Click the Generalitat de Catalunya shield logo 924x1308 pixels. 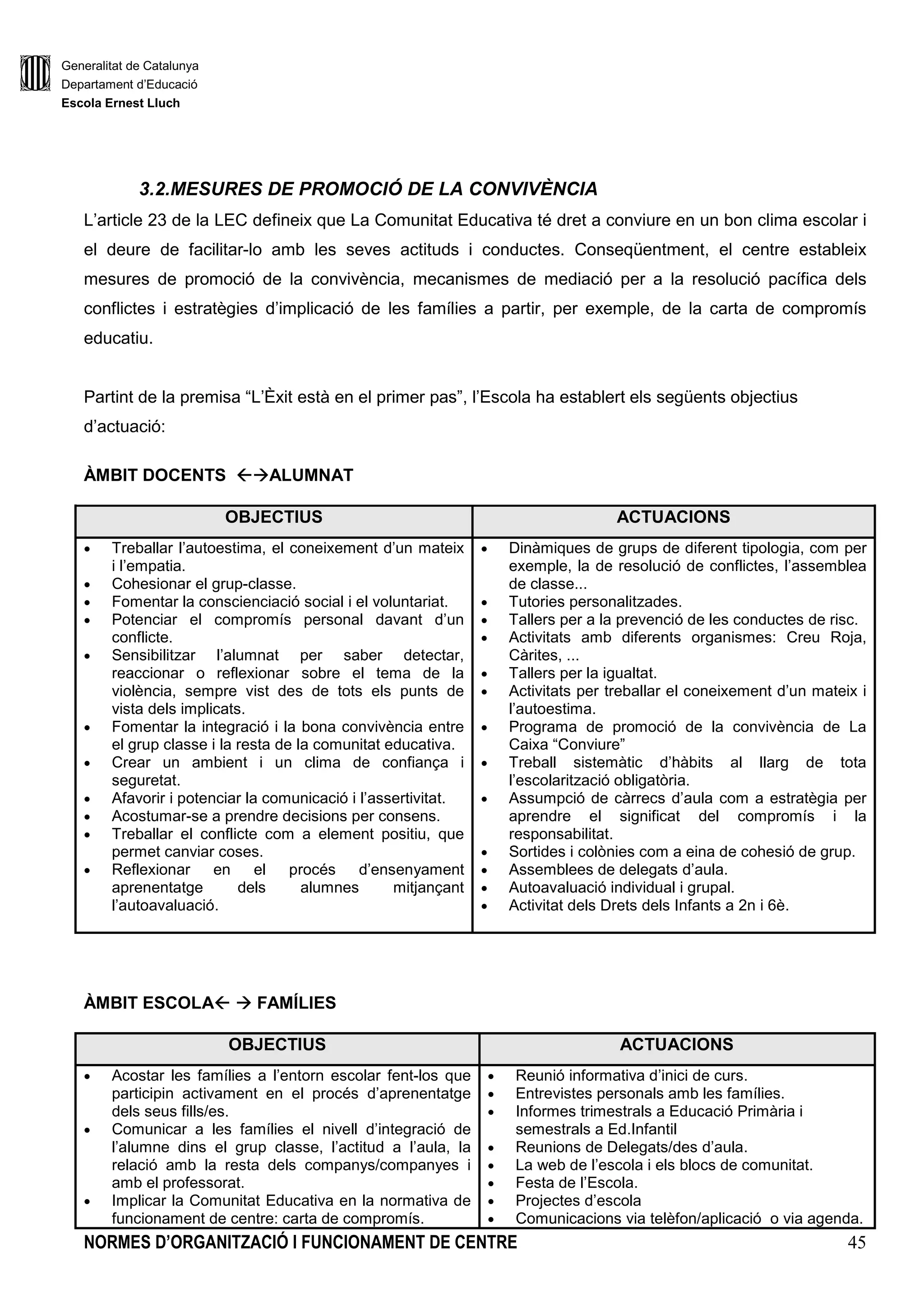coord(35,73)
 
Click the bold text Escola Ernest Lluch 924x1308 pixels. coord(120,103)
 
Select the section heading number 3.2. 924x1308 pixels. coord(154,189)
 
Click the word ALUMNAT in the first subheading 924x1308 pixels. coord(311,475)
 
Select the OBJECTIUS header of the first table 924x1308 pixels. coord(273,517)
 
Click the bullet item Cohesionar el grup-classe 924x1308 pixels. coord(203,584)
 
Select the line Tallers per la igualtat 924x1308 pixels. coord(582,673)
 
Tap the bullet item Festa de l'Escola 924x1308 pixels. coord(576,1183)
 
